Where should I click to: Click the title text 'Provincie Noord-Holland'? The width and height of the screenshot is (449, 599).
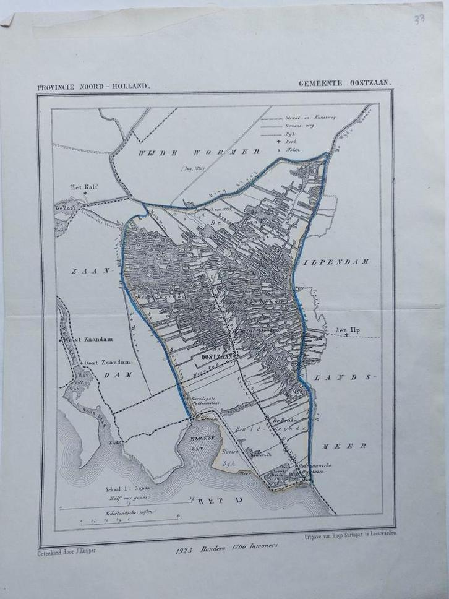[x=93, y=86]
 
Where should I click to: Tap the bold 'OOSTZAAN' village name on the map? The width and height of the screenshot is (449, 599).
[x=220, y=356]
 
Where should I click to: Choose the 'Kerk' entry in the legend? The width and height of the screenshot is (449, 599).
[x=297, y=141]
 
